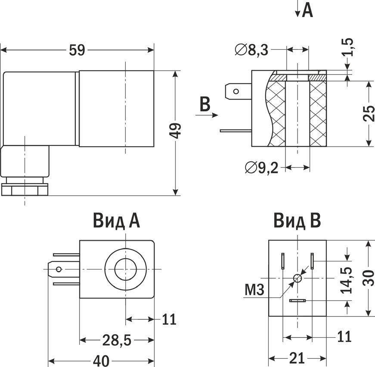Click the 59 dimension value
pos(77,50)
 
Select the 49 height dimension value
pos(175,131)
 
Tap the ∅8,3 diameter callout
pos(251,50)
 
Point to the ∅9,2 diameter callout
pos(262,167)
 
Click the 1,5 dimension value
pos(348,47)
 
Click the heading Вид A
pos(116,221)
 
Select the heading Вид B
pos(297,221)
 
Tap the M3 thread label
pos(254,289)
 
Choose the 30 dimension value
pos(369,278)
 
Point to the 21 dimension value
pos(297,358)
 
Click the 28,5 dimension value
pos(117,340)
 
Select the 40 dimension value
pos(102,361)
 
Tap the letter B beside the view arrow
pos(205,104)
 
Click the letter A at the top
pos(307,10)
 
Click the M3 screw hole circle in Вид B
pos(298,278)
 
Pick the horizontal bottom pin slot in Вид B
pos(298,301)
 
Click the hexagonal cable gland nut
pos(25,189)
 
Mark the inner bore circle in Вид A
pos(125,269)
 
